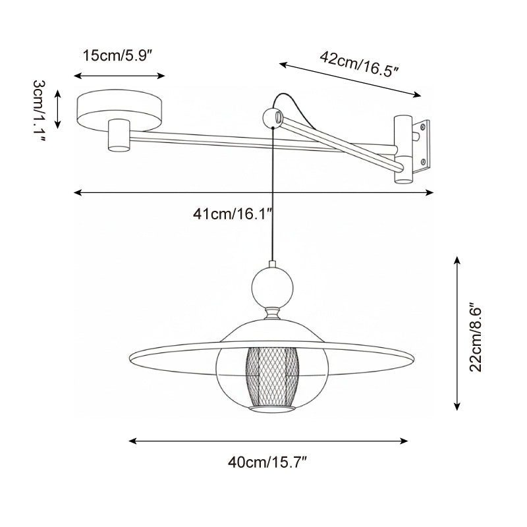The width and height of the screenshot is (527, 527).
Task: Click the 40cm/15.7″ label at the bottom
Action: [x=268, y=462]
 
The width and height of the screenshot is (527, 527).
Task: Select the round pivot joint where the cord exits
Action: [x=271, y=119]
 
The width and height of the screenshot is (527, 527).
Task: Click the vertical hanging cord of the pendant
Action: [x=271, y=198]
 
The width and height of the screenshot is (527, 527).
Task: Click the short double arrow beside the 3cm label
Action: [x=59, y=109]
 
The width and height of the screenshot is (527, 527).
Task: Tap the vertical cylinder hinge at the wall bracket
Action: [x=403, y=148]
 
